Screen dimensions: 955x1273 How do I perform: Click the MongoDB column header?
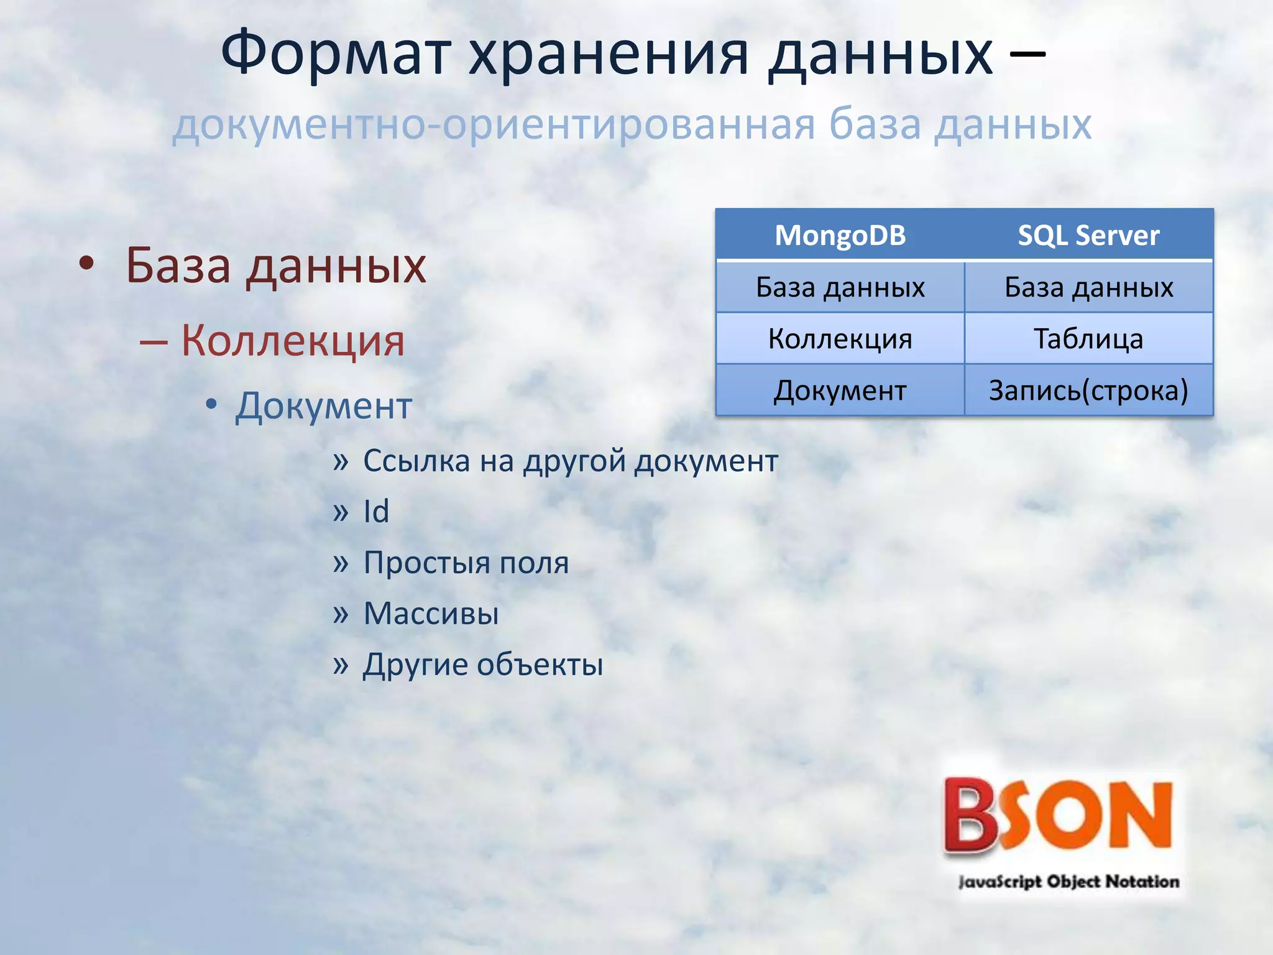[x=840, y=236]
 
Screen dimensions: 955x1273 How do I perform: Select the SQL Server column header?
[x=1088, y=236]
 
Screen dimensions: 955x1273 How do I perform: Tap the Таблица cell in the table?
[x=1088, y=339]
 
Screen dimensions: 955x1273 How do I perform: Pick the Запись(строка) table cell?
[x=1088, y=390]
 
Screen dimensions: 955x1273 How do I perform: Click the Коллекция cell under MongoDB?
[x=840, y=339]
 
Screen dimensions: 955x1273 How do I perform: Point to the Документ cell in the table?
[x=840, y=390]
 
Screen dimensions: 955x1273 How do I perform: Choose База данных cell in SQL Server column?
[x=1088, y=287]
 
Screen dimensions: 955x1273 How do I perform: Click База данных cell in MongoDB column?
[x=840, y=287]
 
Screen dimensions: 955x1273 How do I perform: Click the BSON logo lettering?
[x=1057, y=815]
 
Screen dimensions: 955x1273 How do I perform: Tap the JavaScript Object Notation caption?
[x=1068, y=882]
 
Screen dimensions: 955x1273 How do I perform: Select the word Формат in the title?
[x=336, y=55]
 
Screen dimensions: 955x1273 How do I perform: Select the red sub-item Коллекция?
[x=292, y=341]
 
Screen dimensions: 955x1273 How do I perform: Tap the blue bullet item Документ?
[x=323, y=406]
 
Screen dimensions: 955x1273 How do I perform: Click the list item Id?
[x=376, y=512]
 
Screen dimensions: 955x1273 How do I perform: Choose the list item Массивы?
[x=431, y=614]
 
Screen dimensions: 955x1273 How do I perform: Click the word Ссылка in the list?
[x=416, y=461]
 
